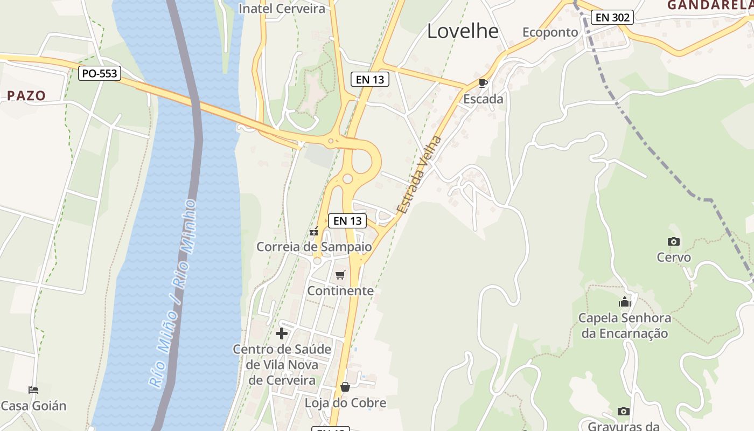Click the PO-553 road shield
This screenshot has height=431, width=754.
point(100,73)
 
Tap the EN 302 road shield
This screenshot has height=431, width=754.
point(612,17)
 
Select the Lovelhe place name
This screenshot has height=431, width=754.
point(463,31)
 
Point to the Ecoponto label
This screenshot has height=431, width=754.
point(550,32)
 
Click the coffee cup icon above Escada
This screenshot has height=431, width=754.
point(483,83)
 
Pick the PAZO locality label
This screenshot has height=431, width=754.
point(26,96)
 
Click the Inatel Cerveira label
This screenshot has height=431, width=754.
point(282,9)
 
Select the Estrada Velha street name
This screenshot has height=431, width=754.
point(419,175)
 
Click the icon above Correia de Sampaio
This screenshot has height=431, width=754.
point(314,232)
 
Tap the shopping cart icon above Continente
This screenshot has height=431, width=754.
point(340,275)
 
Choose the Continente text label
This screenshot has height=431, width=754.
point(340,291)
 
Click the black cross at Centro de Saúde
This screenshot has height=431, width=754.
point(282,333)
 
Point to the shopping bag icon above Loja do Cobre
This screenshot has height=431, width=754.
point(345,387)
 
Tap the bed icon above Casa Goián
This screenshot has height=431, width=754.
point(33,390)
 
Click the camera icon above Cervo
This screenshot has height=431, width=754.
point(673,242)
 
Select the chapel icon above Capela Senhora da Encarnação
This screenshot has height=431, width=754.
point(625,302)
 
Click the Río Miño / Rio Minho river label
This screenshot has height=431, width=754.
point(173,294)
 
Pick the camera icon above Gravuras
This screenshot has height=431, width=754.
point(624,411)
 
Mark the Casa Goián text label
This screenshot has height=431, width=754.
point(33,406)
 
